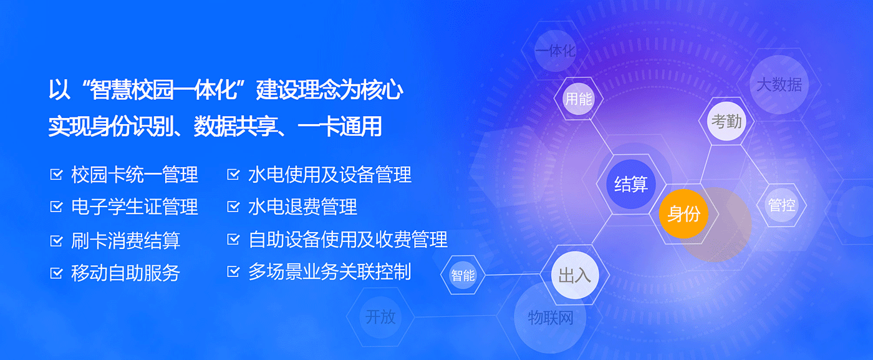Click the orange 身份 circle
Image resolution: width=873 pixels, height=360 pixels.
683,214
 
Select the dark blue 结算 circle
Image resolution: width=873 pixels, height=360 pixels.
630,184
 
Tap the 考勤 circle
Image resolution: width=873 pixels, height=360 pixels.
726,121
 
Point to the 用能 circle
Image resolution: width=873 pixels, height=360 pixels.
579,99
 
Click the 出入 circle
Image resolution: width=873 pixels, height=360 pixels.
575,275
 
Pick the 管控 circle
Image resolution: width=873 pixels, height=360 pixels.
781,205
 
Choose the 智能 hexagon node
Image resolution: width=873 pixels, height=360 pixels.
463,275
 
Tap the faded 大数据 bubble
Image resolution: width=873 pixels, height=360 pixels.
779,85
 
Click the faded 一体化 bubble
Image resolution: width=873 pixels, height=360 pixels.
556,51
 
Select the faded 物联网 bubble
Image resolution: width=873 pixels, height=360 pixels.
550,318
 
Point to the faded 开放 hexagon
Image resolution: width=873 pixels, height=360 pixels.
380,317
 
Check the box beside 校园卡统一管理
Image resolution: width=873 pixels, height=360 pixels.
57,174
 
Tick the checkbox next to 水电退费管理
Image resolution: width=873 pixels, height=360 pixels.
233,207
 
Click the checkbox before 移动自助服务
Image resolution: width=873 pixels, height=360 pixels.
57,273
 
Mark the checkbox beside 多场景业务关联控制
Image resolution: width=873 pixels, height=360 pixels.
233,271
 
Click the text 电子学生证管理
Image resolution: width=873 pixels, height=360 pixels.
135,207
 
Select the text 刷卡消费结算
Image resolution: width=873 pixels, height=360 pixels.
125,240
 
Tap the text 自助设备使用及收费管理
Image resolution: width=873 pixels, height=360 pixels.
348,240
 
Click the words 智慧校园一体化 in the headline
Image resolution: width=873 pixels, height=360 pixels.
163,90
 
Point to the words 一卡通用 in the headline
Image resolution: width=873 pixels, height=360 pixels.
339,127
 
